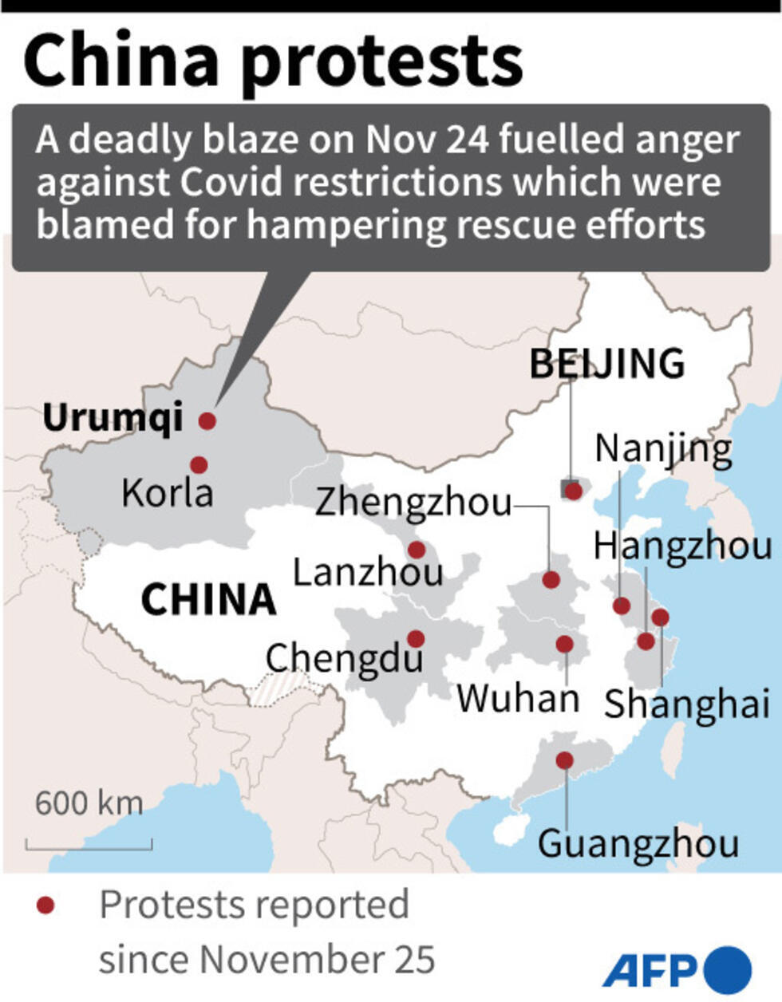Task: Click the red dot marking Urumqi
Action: coord(207,420)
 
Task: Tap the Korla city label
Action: coord(168,492)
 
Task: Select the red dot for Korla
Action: coord(199,464)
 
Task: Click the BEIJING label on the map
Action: coord(607,364)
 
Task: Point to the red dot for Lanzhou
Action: coord(416,549)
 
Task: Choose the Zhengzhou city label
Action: coord(413,503)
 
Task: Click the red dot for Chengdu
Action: coord(415,638)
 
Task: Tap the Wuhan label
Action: coord(518,699)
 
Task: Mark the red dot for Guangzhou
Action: coord(564,760)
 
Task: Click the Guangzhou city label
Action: coord(638,844)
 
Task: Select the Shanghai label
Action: coord(686,704)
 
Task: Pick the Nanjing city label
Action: coord(664,449)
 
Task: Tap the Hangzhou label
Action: coord(683,546)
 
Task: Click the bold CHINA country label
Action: coord(208,600)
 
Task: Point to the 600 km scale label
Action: coord(89,803)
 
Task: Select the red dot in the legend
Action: coord(45,905)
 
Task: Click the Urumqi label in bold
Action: coord(113,417)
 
